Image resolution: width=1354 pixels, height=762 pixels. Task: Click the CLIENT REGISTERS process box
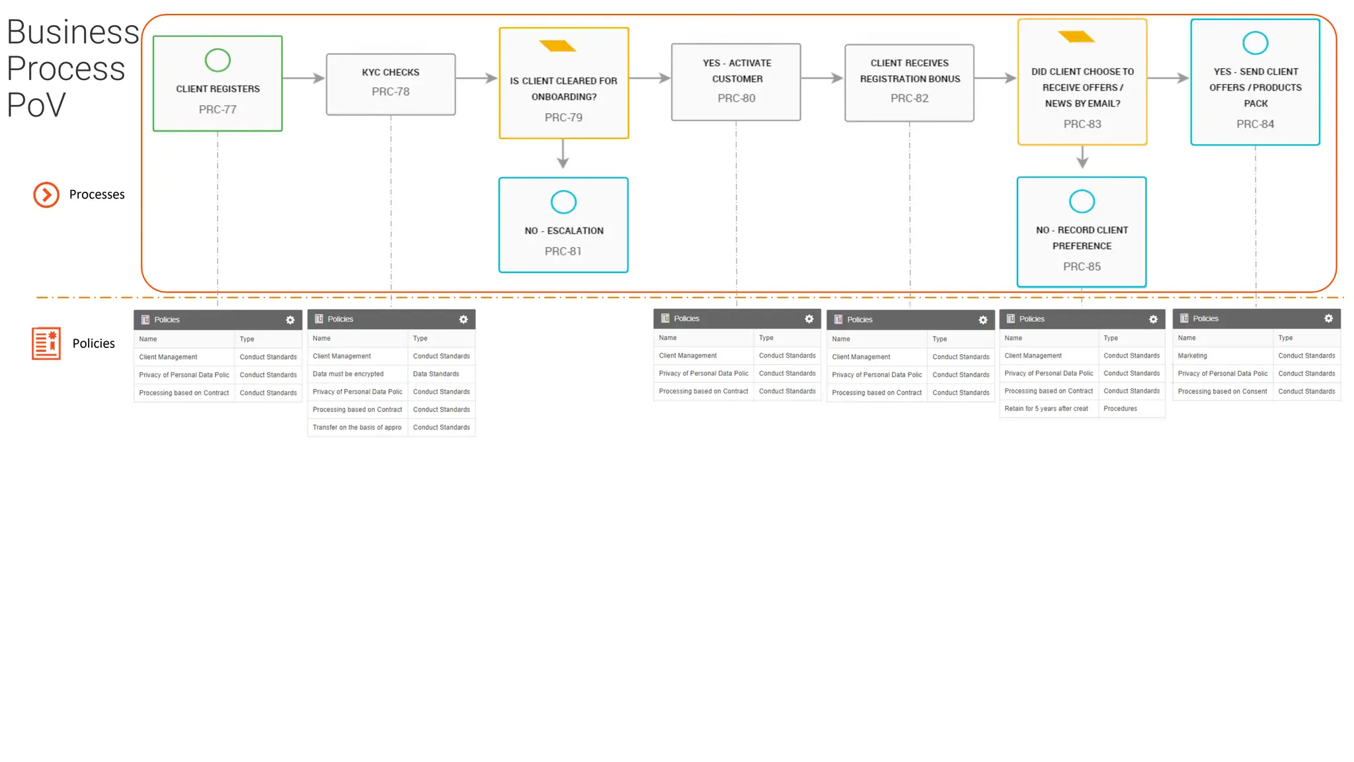coord(218,84)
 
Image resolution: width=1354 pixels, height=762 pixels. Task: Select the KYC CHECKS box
coord(391,84)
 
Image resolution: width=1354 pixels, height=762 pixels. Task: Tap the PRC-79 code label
coord(563,118)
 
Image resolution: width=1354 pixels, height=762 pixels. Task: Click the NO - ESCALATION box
coord(563,225)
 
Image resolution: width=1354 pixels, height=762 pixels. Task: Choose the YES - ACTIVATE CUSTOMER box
coord(736,82)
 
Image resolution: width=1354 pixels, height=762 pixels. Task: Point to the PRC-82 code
coord(909,99)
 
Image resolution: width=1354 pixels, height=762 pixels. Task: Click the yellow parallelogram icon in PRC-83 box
coord(1076,36)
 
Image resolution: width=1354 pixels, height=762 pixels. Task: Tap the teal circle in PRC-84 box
coord(1255,44)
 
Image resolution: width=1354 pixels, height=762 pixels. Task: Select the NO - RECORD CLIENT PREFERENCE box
coord(1082,232)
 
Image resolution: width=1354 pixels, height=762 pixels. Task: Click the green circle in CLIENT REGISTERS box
coord(218,61)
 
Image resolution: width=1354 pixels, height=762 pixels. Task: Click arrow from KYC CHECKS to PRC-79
coord(477,78)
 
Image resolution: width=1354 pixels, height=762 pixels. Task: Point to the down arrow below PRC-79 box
coord(563,155)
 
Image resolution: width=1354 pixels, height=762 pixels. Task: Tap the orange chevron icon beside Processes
coord(46,194)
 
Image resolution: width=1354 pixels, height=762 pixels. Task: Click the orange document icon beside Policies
coord(46,343)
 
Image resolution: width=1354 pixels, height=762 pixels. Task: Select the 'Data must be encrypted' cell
coord(348,374)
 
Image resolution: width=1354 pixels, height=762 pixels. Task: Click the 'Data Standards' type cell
coord(436,374)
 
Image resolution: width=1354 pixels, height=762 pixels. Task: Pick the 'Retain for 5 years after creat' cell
coord(1046,409)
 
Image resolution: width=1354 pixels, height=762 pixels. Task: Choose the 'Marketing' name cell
coord(1192,356)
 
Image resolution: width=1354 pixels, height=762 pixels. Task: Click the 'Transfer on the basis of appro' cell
coord(356,428)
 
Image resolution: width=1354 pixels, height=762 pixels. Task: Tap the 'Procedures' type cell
coord(1120,409)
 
